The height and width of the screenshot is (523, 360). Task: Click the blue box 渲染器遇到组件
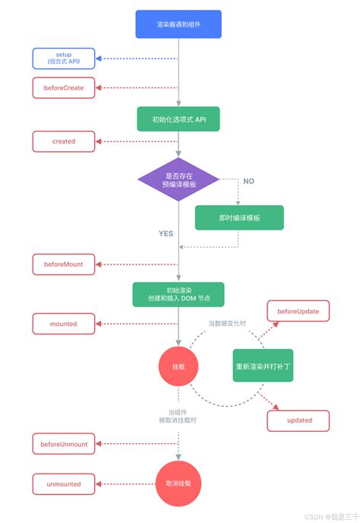click(x=178, y=24)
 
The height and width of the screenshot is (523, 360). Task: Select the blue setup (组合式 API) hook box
click(x=64, y=58)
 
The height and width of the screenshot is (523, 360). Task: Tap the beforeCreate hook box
click(x=64, y=87)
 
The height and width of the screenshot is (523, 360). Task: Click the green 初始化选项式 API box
click(x=178, y=119)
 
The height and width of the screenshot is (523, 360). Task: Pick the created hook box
click(x=64, y=141)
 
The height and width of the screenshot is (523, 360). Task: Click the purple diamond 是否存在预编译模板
click(x=178, y=180)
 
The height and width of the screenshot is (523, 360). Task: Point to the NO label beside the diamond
click(x=248, y=181)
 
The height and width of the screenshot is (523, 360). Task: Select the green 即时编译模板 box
click(x=239, y=217)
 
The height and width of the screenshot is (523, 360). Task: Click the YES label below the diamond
click(x=166, y=234)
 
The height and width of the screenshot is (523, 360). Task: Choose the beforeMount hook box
click(x=64, y=265)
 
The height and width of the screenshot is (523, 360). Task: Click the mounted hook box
click(x=64, y=323)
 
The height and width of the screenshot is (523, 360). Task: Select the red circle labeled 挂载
click(x=178, y=366)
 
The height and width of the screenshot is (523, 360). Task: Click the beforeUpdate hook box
click(x=298, y=311)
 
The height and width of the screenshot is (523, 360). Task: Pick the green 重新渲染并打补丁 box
click(x=263, y=366)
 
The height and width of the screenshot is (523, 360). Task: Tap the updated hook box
click(x=298, y=420)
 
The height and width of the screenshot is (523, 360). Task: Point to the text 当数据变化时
click(x=228, y=324)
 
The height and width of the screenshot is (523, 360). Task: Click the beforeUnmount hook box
click(x=64, y=444)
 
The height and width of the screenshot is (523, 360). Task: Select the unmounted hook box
click(x=64, y=483)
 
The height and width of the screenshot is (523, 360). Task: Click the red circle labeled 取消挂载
click(x=178, y=483)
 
